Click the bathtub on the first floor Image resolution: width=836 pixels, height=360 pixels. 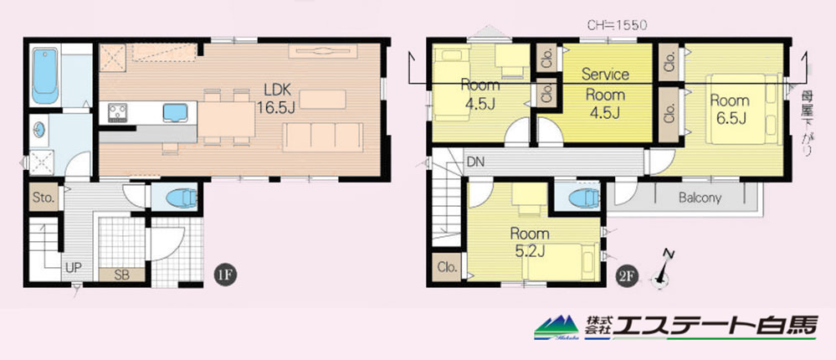tap(45, 76)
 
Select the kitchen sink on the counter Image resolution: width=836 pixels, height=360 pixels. tap(175, 112)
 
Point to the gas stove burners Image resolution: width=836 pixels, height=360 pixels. tap(118, 112)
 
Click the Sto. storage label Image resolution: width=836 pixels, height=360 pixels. tap(44, 198)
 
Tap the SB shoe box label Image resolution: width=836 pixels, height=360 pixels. tap(122, 275)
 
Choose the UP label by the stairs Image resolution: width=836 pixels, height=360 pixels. tap(74, 267)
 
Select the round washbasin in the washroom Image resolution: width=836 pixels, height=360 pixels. tap(39, 130)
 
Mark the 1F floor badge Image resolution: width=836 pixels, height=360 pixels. tap(224, 275)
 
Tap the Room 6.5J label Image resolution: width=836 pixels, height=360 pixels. tap(730, 110)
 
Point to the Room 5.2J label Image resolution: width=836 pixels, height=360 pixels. tap(530, 242)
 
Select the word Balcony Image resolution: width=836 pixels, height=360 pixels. tap(700, 198)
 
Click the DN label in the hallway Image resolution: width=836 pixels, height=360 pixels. tap(475, 162)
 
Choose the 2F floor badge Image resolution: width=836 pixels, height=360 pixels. tap(628, 275)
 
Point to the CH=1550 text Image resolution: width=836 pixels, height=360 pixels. tap(617, 25)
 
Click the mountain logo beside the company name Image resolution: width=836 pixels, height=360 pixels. tap(556, 327)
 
